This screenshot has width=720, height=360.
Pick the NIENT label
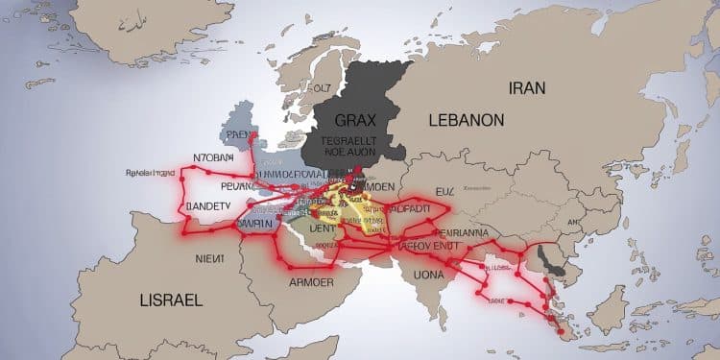coord(204,257)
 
